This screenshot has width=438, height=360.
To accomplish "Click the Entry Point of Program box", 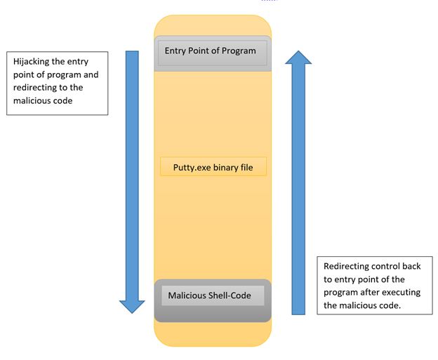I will coord(212,52).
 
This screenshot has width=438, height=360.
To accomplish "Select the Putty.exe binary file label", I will coord(213,168).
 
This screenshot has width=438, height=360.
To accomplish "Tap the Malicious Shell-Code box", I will coord(212,296).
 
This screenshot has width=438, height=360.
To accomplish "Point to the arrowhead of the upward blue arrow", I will coord(298,58).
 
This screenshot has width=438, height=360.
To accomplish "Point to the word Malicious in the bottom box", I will coord(187,295).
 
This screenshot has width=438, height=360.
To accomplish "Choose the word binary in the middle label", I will coord(223,168).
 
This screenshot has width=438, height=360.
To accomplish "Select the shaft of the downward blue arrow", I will coord(132,175).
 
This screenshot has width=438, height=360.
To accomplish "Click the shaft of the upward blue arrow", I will coord(298,189).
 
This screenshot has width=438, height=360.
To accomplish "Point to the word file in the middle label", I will coord(246,168).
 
